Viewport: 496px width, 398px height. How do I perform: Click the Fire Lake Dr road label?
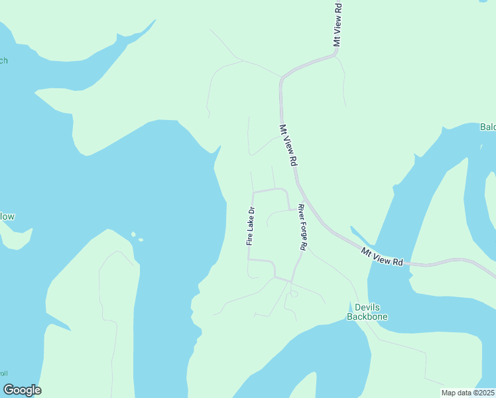pyautogui.click(x=251, y=227)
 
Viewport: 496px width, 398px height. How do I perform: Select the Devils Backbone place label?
pyautogui.click(x=367, y=312)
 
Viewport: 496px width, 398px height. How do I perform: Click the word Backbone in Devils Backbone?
pyautogui.click(x=367, y=316)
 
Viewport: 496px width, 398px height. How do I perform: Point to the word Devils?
pyautogui.click(x=367, y=307)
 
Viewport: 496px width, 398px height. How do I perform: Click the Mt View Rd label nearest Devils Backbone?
pyautogui.click(x=383, y=256)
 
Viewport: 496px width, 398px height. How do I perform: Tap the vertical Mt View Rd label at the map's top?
pyautogui.click(x=338, y=24)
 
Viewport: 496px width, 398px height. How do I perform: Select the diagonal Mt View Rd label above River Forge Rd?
pyautogui.click(x=288, y=145)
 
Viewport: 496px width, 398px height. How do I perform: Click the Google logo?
pyautogui.click(x=22, y=390)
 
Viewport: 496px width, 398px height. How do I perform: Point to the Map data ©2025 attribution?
pyautogui.click(x=468, y=393)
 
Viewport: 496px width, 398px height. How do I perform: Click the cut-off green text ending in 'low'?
pyautogui.click(x=7, y=216)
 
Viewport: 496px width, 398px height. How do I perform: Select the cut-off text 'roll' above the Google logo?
pyautogui.click(x=4, y=373)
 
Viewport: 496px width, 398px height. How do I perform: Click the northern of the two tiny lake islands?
pyautogui.click(x=133, y=234)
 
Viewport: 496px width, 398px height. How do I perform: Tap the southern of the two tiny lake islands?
pyautogui.click(x=140, y=239)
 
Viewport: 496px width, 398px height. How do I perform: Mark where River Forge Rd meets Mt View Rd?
pyautogui.click(x=303, y=200)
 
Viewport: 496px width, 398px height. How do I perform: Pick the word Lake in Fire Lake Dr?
pyautogui.click(x=251, y=226)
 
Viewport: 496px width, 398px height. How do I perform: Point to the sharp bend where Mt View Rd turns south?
pyautogui.click(x=282, y=79)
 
